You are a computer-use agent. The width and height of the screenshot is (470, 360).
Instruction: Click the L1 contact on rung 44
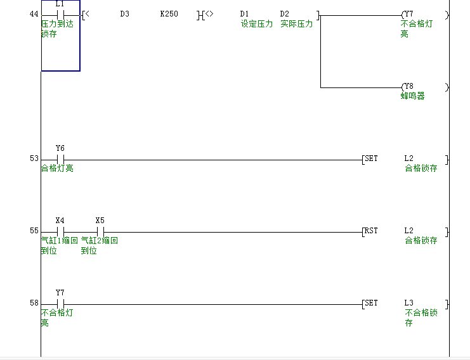point(60,14)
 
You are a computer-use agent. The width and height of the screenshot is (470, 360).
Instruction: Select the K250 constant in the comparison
point(169,14)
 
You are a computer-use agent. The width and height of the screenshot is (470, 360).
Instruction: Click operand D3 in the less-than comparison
point(124,14)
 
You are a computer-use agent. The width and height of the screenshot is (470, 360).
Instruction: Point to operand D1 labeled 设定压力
point(244,14)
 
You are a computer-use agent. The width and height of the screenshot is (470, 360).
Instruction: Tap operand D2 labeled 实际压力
point(284,14)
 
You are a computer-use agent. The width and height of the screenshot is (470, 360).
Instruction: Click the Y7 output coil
point(408,14)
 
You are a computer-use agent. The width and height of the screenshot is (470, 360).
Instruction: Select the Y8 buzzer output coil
point(408,87)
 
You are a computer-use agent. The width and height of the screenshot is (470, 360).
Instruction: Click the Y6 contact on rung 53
point(60,159)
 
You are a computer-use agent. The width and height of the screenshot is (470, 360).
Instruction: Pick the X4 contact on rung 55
point(60,231)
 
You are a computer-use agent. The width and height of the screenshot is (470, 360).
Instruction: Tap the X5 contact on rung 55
point(100,231)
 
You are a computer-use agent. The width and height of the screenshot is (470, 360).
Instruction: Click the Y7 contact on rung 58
point(60,304)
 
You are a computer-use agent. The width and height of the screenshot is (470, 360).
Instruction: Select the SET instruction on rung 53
point(371,158)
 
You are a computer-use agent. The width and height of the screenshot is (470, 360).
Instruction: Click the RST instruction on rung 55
point(371,231)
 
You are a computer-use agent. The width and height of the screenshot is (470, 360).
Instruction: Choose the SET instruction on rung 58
point(371,303)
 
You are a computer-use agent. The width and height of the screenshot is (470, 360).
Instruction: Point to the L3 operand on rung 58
point(408,303)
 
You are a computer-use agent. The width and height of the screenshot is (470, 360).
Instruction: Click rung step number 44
point(34,14)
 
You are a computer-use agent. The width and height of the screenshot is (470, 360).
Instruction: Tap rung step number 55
point(34,231)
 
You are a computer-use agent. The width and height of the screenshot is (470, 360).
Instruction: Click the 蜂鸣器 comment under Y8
point(412,96)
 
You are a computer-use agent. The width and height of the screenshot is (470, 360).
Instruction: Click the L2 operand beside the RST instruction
point(408,231)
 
